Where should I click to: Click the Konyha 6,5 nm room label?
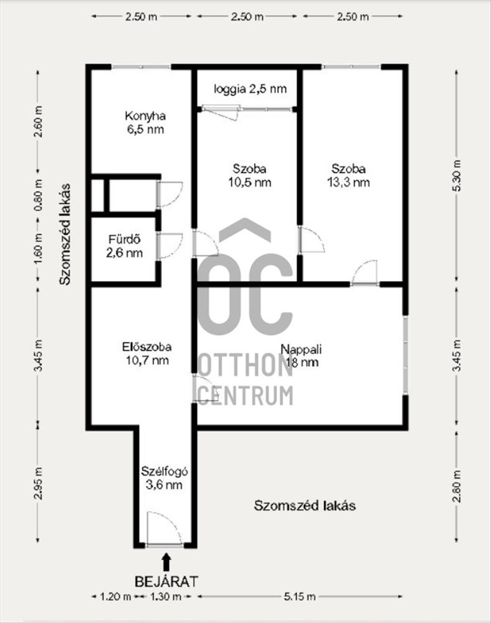[x=145, y=123]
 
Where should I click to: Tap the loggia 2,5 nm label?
[x=250, y=88]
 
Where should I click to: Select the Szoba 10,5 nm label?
[x=249, y=176]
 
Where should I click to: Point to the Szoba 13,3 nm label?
[x=348, y=176]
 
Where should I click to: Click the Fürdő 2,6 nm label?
[x=125, y=246]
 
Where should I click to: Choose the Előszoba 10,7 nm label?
[x=147, y=353]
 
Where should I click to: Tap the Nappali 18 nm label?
[x=301, y=356]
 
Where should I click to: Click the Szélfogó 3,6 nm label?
[x=164, y=478]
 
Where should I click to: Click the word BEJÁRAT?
[x=166, y=582]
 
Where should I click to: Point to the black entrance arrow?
[x=167, y=562]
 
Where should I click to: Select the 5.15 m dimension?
[x=300, y=596]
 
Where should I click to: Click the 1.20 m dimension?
[x=115, y=596]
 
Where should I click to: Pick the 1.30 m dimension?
[x=165, y=596]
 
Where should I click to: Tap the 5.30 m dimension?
[x=457, y=176]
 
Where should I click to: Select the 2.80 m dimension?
[x=457, y=486]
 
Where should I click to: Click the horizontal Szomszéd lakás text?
[x=305, y=506]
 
